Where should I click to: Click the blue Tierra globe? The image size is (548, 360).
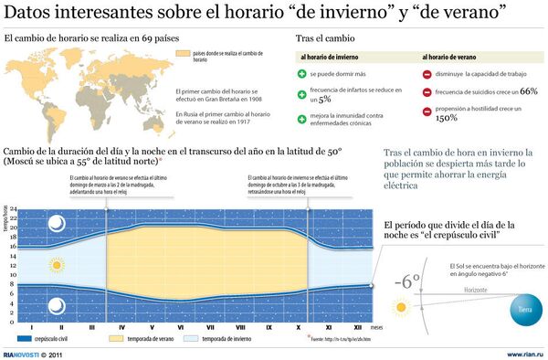tap(525, 309)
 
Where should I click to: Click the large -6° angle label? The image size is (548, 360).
tap(406, 281)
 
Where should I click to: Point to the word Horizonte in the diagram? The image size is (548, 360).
tap(475, 290)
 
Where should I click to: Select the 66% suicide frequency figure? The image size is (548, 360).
tap(529, 91)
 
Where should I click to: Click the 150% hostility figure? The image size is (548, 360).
tap(447, 118)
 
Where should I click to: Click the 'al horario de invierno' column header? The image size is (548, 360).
tap(329, 56)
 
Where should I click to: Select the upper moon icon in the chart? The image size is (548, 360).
tap(57, 221)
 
